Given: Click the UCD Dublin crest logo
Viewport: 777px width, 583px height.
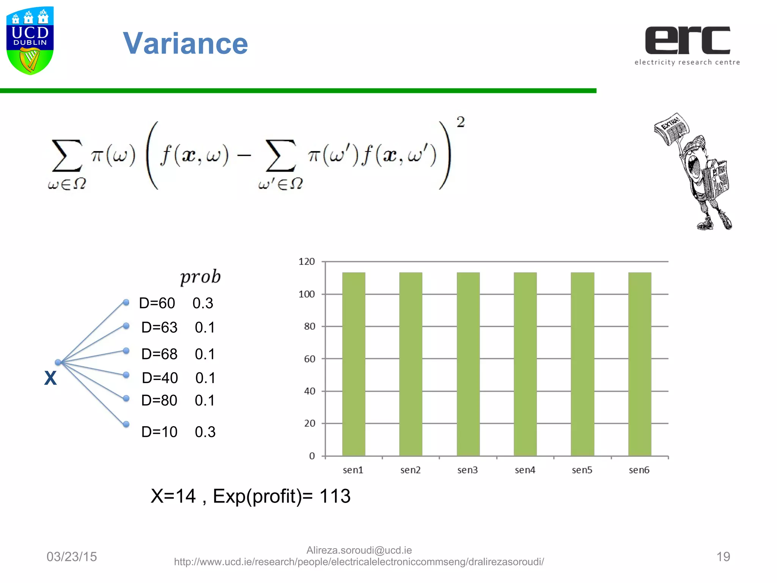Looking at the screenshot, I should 30,40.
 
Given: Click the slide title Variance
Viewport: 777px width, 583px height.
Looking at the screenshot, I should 185,44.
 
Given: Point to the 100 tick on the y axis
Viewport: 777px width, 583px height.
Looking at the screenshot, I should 307,294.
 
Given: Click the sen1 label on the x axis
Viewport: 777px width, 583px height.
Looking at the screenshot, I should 353,470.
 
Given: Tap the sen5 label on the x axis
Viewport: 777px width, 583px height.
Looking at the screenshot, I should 582,470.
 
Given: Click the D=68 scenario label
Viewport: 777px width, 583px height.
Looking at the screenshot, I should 159,354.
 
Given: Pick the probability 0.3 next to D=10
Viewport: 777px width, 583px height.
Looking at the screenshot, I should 205,432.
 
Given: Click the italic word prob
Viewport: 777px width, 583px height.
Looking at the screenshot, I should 200,277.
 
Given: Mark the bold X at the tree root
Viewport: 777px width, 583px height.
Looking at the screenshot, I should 50,378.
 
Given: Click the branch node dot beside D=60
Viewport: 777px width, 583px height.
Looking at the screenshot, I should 126,303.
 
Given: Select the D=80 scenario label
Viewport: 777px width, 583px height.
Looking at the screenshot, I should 159,400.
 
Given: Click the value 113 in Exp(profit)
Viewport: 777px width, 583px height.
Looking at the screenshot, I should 335,496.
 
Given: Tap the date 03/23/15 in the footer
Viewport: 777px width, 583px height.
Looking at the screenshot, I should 72,556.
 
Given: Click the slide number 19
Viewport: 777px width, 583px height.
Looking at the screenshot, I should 723,556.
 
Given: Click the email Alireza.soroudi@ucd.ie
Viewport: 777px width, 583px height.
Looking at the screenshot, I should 359,550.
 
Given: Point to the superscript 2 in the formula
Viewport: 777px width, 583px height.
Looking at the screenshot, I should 460,122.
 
